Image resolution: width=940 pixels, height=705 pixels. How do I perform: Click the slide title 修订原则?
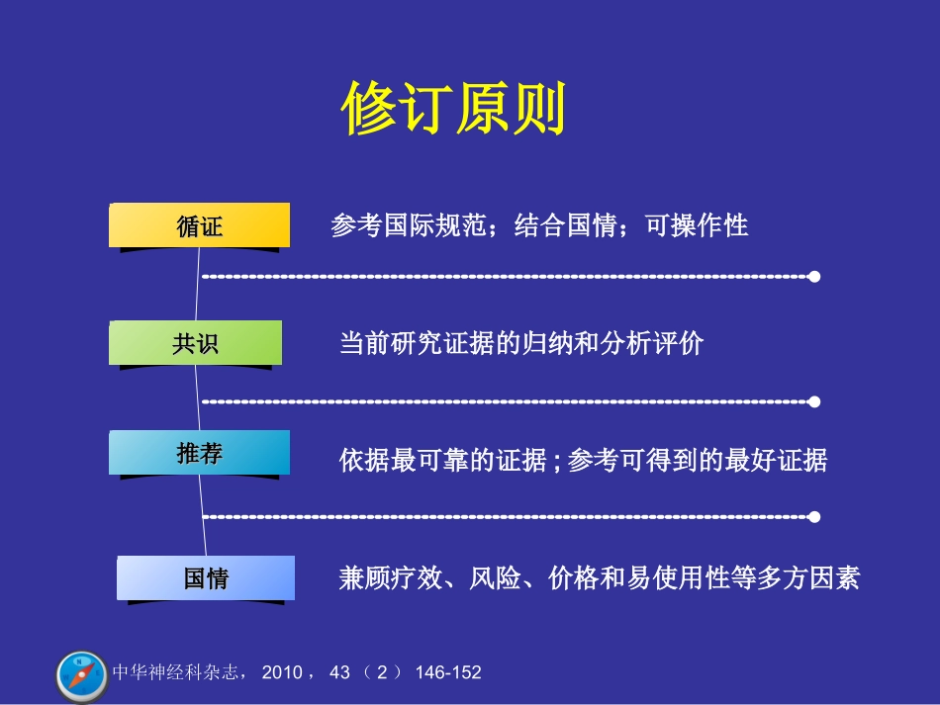point(454,108)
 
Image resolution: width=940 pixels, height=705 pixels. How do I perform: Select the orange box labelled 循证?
point(200,226)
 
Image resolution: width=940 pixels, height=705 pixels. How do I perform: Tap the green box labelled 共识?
point(196,343)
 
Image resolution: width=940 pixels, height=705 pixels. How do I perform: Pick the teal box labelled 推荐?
point(200,454)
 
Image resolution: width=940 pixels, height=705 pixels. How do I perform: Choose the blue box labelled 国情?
point(206,578)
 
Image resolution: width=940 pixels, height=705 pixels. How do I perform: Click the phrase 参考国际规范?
point(409,225)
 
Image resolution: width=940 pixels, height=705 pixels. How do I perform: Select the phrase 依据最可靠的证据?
point(442,461)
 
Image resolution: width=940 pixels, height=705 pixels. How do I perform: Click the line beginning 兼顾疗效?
point(599,578)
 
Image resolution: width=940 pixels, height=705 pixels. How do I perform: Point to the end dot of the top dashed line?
point(814,277)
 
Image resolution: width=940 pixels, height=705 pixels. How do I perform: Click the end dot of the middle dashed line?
point(814,401)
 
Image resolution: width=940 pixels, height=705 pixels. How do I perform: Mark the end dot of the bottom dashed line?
point(814,517)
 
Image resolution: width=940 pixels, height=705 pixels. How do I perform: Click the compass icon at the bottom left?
point(81,676)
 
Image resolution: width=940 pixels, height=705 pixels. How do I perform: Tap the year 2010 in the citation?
point(283,673)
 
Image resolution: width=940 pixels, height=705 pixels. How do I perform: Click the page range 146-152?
point(448,673)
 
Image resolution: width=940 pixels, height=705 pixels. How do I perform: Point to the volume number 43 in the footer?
point(339,673)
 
